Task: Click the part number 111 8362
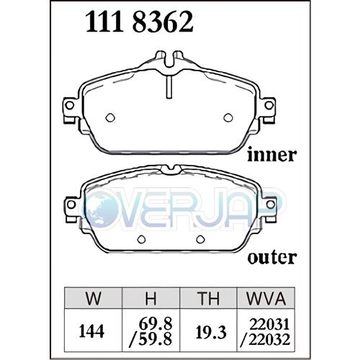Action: [139, 22]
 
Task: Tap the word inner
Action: [272, 155]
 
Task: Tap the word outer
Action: [272, 258]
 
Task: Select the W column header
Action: [94, 298]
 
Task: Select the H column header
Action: [151, 298]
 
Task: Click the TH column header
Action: [208, 298]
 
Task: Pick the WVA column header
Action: [266, 298]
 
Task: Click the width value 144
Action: [91, 332]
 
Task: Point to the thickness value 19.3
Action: [211, 333]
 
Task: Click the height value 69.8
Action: [156, 324]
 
